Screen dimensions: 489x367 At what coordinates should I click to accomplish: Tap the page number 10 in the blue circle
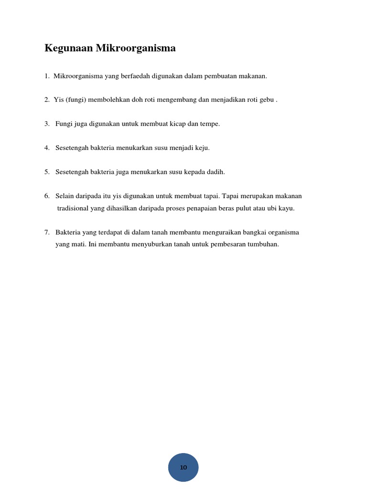coord(183,468)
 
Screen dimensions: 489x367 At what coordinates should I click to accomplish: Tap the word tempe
coord(210,124)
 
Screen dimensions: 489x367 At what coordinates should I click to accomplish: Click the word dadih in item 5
coord(215,172)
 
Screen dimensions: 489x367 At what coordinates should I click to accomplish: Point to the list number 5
coord(47,172)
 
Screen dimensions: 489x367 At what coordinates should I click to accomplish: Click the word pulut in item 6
coord(244,209)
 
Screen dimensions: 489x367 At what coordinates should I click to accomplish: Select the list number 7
coord(47,233)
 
